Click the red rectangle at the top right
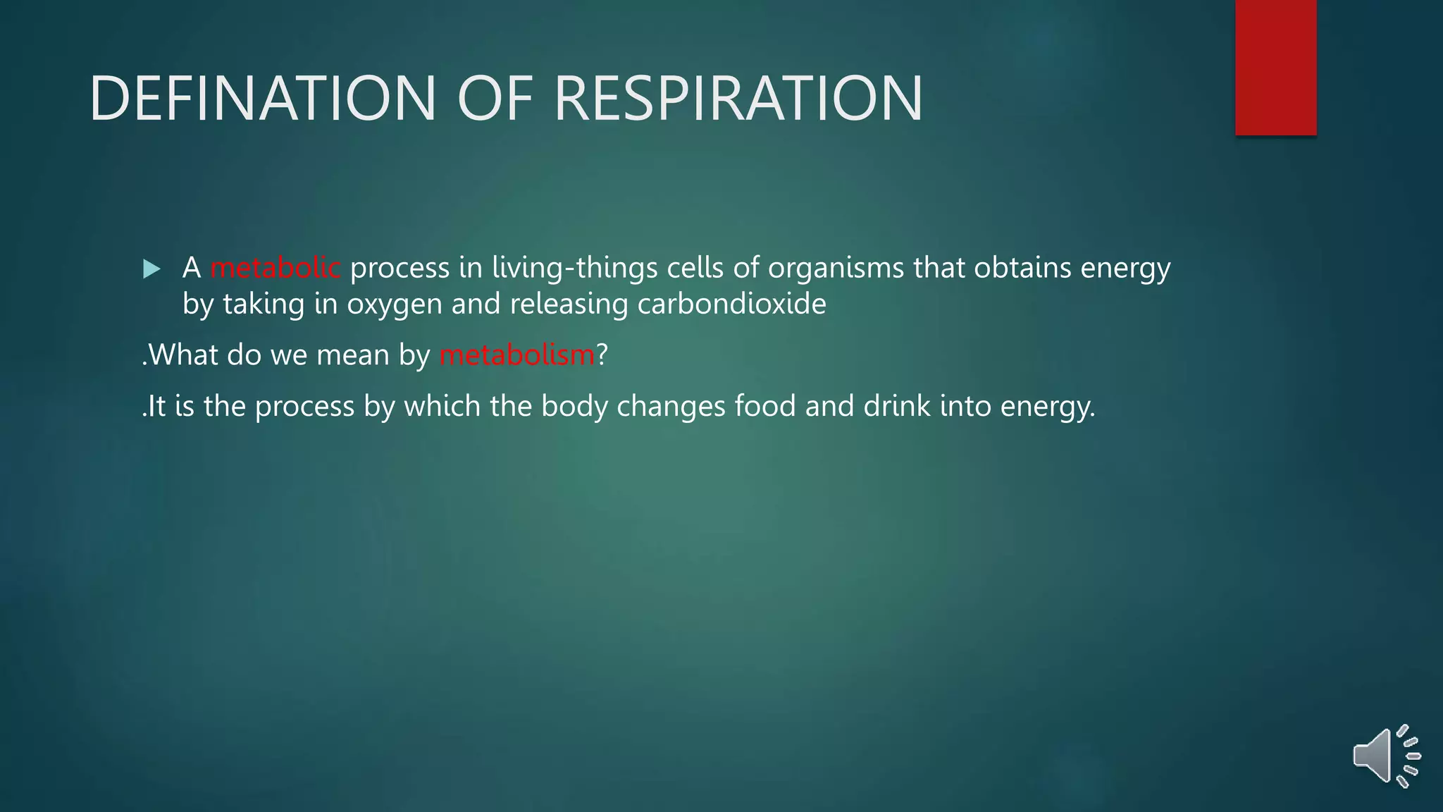pyautogui.click(x=1275, y=68)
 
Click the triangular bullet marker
pyautogui.click(x=151, y=269)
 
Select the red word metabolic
pyautogui.click(x=275, y=268)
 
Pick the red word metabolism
pyautogui.click(x=517, y=355)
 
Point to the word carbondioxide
pyautogui.click(x=731, y=304)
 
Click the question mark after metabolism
pyautogui.click(x=602, y=355)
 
